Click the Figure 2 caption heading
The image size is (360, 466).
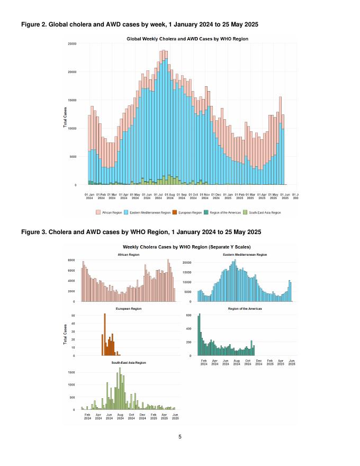coord(140,25)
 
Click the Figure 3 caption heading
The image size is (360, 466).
coord(141,232)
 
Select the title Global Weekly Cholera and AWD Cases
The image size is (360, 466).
coord(187,39)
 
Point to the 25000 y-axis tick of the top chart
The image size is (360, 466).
coord(71,43)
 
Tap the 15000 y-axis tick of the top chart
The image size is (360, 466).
coord(71,100)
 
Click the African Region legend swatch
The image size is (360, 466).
coord(98,212)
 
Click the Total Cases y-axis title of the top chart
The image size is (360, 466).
coord(66,118)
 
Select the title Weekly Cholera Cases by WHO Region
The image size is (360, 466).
coord(186,247)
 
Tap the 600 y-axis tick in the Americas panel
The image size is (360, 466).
coord(188,315)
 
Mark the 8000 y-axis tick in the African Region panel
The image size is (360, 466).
coord(70,261)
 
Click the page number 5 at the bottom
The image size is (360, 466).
coord(180,437)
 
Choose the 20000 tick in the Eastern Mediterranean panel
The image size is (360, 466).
coord(188,263)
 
